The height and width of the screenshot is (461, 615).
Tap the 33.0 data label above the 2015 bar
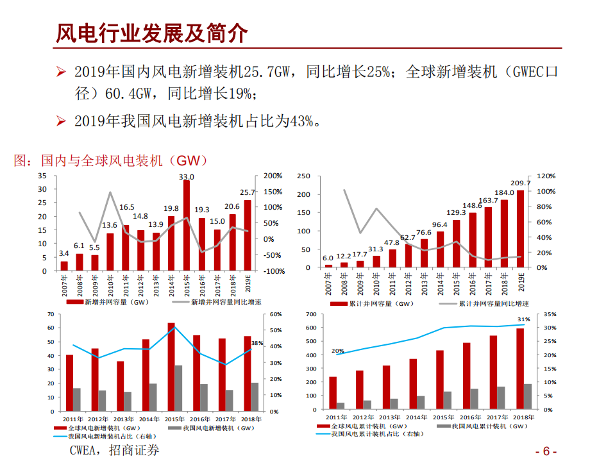coord(187,177)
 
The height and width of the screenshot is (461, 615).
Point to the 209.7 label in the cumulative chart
coord(520,183)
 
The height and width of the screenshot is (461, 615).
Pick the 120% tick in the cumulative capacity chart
coord(537,176)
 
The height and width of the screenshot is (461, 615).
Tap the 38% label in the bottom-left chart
coord(257,344)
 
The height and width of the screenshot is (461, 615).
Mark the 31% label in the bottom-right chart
coord(524,319)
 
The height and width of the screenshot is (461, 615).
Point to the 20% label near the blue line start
coord(338,351)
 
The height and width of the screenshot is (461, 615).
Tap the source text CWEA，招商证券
coord(114,451)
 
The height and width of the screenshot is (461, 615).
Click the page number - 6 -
coord(546,450)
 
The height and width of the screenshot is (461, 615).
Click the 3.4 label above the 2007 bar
coord(64,254)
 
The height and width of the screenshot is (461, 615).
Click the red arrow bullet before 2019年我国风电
coord(61,121)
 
